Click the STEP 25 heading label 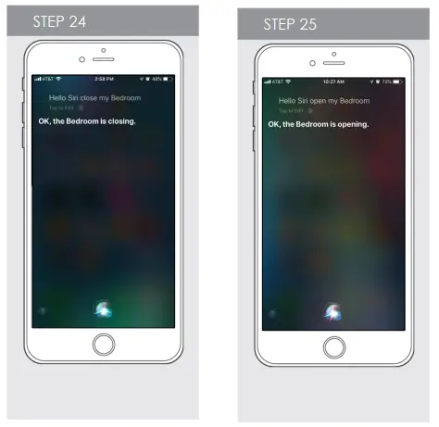click(290, 25)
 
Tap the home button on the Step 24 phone click(104, 345)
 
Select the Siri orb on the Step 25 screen click(333, 313)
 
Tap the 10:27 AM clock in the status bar click(333, 83)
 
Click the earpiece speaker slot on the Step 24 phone click(104, 59)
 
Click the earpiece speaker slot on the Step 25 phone click(334, 63)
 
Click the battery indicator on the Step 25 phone click(397, 83)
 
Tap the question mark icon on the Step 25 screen click(270, 314)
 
